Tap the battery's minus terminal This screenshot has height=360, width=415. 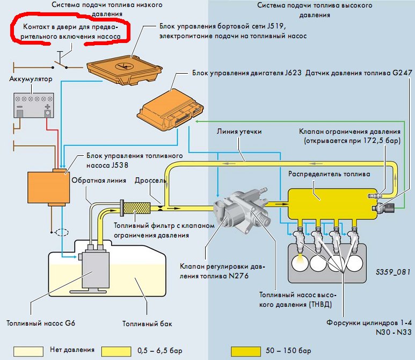[20, 113]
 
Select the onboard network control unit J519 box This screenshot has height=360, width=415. [125, 70]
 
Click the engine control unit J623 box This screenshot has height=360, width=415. [170, 110]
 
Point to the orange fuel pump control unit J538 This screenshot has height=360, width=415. [49, 187]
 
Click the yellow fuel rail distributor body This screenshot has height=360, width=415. [332, 204]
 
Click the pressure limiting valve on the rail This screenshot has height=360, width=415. [375, 196]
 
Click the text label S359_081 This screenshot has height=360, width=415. [393, 272]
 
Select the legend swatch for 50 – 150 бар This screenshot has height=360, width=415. [245, 351]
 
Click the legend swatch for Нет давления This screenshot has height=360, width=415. [28, 351]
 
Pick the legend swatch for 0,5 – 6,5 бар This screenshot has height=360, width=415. [116, 351]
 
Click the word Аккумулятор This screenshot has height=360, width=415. [31, 79]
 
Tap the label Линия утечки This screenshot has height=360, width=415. [239, 132]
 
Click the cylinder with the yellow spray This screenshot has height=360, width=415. [300, 263]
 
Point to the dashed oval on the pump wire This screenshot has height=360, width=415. [62, 232]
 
